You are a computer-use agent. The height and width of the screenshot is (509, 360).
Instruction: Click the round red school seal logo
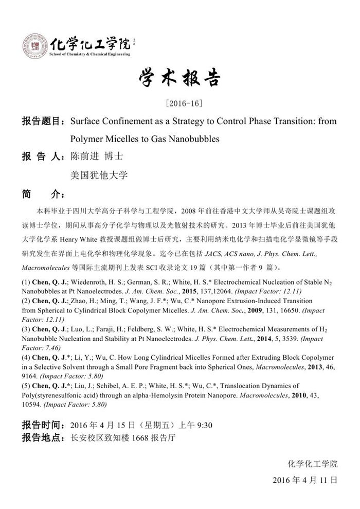tap(34, 45)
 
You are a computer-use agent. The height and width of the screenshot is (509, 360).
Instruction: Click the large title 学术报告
tap(179, 79)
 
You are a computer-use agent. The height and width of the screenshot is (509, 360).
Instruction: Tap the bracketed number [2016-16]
tap(180, 103)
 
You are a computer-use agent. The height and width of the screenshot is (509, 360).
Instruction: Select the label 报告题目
tap(40, 122)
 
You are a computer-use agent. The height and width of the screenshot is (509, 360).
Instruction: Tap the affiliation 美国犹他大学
tap(99, 175)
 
